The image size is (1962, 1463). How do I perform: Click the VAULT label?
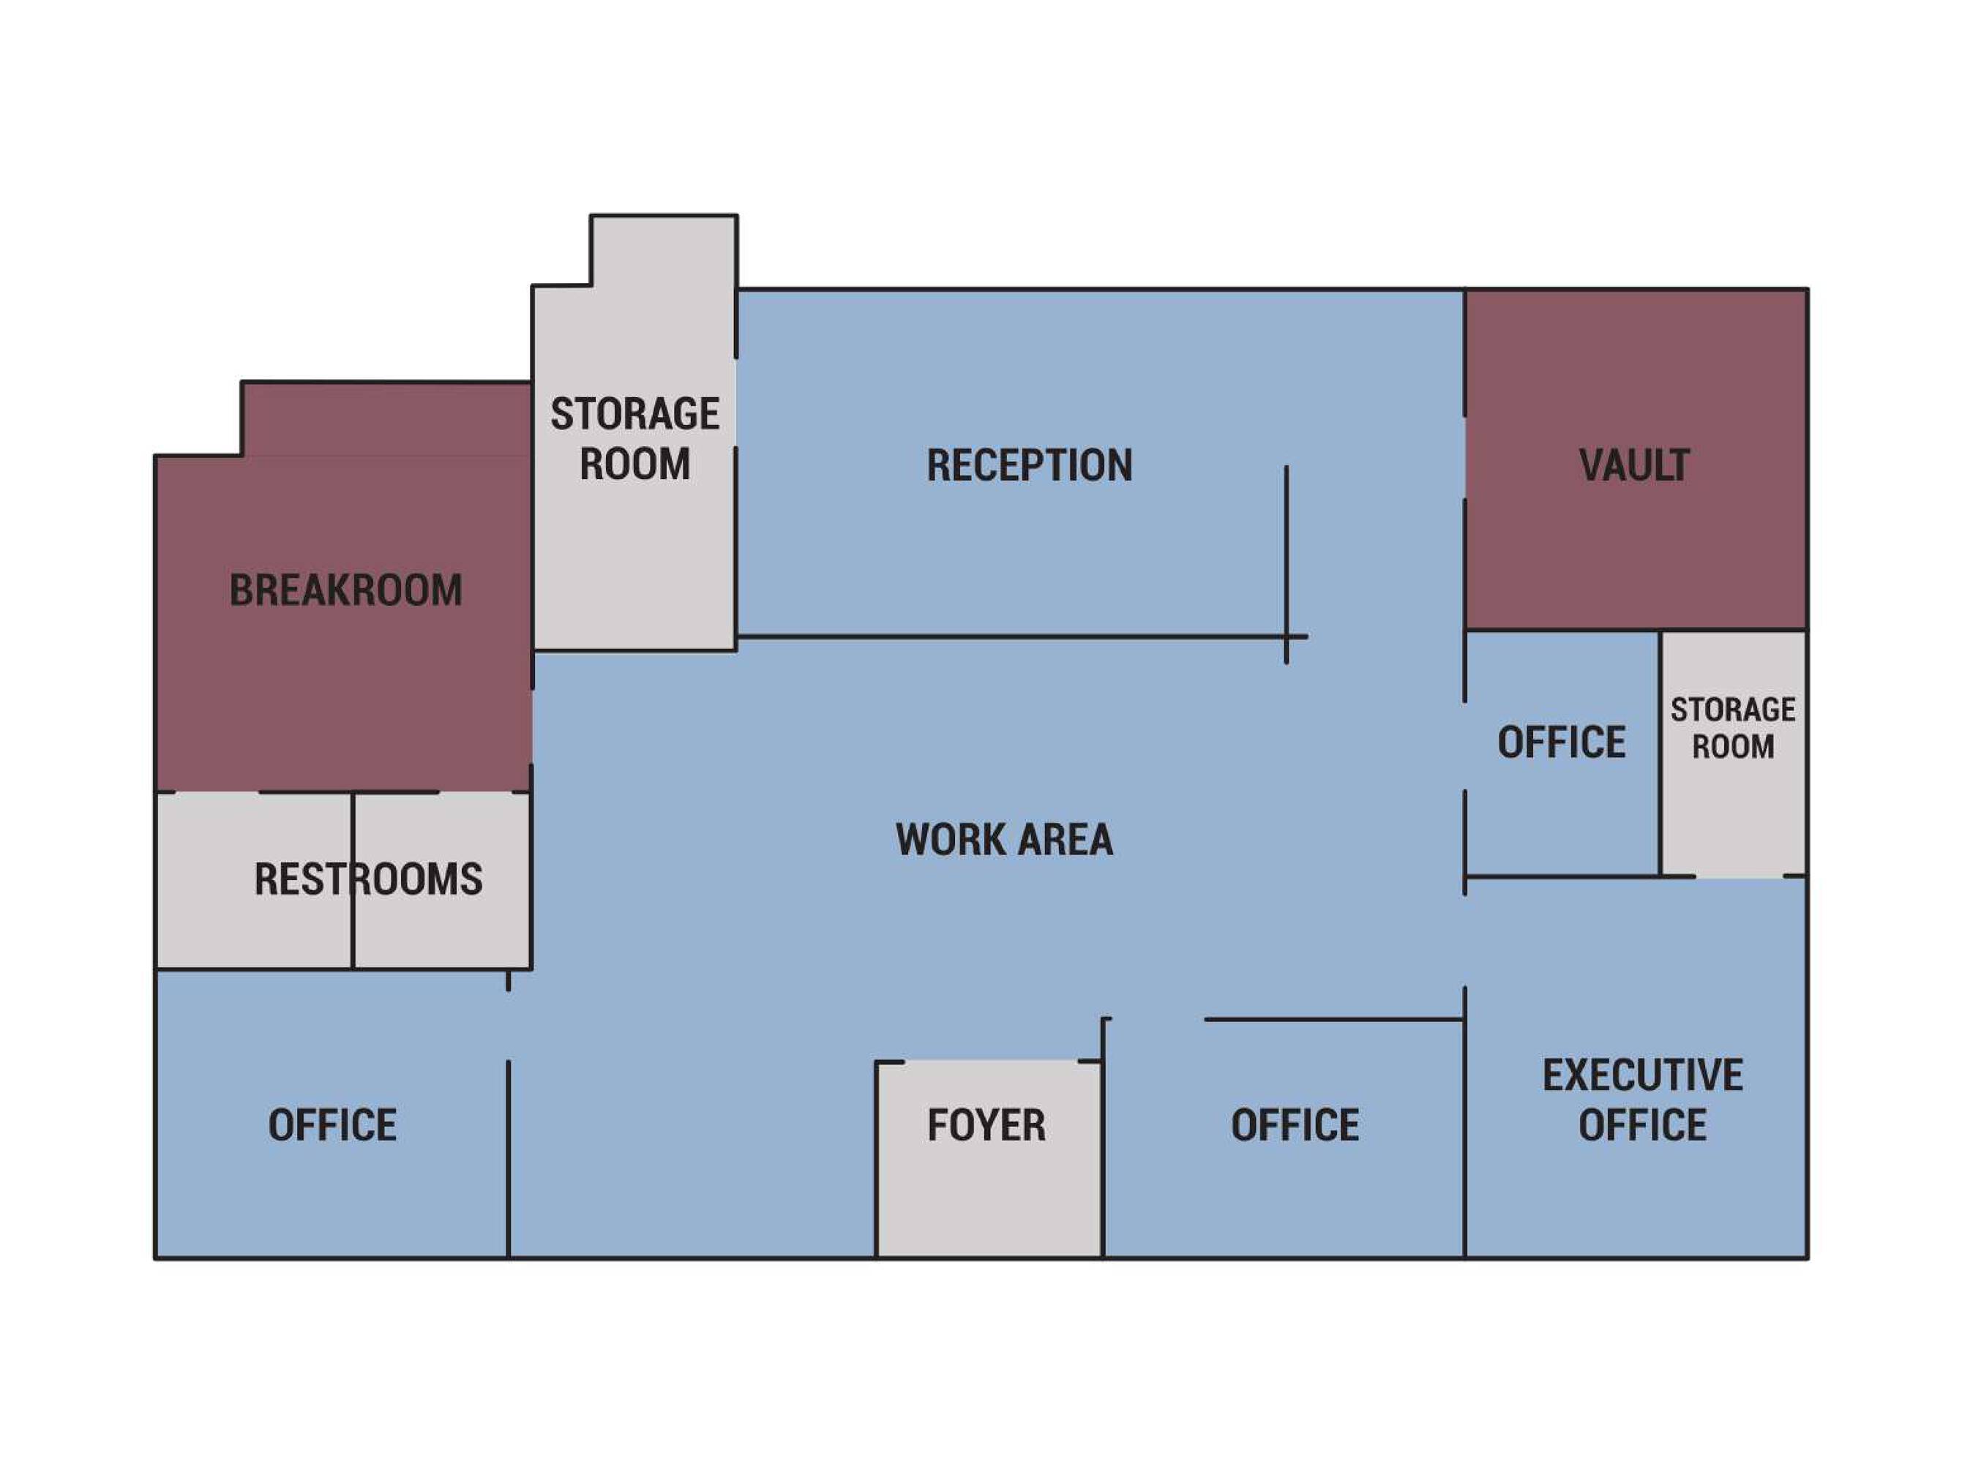1634,465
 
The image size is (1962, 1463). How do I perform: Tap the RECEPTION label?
1029,465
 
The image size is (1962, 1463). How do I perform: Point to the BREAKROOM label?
345,590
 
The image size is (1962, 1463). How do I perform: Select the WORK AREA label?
1003,838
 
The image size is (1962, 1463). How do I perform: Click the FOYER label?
986,1125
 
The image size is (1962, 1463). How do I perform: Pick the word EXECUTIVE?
1642,1075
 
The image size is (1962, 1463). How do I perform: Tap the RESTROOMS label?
369,879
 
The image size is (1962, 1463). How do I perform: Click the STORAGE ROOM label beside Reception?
635,438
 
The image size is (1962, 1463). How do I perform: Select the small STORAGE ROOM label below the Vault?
1733,728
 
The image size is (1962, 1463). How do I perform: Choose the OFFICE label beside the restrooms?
332,1125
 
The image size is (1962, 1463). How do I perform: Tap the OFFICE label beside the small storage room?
1561,742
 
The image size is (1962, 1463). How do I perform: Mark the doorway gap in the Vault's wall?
1464,457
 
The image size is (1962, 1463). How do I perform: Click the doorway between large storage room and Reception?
735,402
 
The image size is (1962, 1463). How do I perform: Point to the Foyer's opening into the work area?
990,1061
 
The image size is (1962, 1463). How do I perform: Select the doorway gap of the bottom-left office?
509,1025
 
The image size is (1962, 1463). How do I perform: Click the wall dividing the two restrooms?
353,879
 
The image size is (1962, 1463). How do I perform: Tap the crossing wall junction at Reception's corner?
1286,636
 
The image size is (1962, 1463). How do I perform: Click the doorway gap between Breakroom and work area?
531,726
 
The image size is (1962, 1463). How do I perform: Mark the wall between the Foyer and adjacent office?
1103,1138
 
